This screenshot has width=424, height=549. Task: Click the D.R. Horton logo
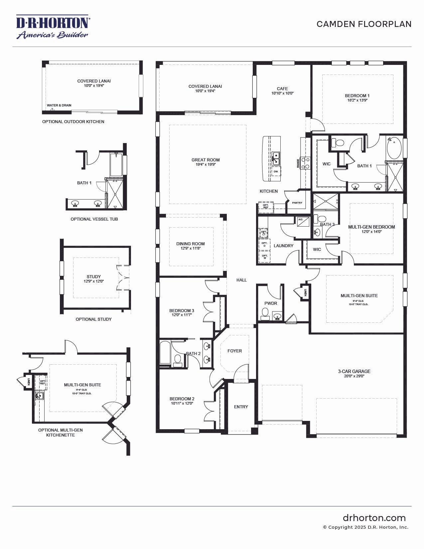point(52,27)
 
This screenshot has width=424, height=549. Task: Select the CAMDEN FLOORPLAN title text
point(364,24)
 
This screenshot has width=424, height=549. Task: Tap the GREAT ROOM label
point(206,160)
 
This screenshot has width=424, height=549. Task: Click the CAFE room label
point(282,89)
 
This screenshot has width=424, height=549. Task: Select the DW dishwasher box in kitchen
point(276,171)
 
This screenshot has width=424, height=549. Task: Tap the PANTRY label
point(297,203)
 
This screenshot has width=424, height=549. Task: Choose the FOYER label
point(234,351)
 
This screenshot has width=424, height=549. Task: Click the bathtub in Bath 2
point(165,353)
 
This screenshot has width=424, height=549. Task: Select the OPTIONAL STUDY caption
point(93,319)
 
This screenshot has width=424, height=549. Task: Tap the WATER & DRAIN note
point(59,105)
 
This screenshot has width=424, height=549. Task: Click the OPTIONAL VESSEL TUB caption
point(94,219)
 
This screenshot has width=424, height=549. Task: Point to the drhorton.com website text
point(374,518)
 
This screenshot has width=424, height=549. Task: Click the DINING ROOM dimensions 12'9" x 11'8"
point(191,248)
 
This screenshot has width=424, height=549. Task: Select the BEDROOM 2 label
point(182,399)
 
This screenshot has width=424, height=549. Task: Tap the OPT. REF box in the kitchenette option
point(43,382)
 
